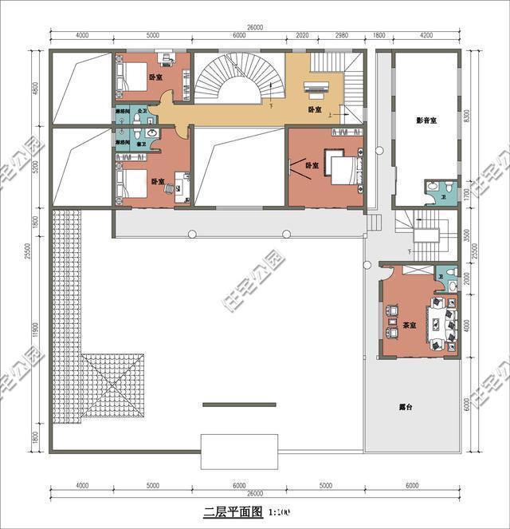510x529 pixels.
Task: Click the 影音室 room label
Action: pos(427,121)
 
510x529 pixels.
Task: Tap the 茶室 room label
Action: pos(410,326)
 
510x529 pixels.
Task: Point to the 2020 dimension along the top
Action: pos(302,36)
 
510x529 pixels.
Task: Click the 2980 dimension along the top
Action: pos(342,36)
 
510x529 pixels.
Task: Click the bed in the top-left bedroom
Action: pos(135,77)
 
